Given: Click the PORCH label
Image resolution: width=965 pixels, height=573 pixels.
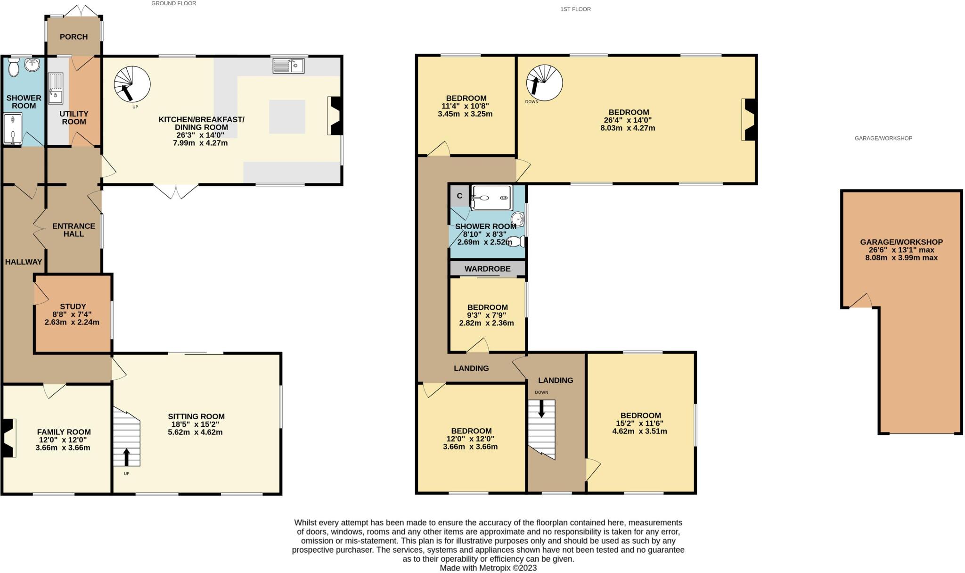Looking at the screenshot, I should tap(74, 37).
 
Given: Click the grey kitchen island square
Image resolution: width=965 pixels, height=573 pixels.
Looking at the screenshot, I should tap(287, 116).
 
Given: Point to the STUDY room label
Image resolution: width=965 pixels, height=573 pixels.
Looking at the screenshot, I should tap(73, 307).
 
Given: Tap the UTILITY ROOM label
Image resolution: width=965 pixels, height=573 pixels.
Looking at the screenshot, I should tap(74, 118).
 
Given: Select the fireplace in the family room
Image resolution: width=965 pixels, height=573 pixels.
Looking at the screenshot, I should tap(8, 438).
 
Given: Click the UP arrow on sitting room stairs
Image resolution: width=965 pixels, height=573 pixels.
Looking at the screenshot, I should tap(126, 457).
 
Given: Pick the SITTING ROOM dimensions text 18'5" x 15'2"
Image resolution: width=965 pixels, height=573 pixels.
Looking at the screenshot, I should tap(196, 424).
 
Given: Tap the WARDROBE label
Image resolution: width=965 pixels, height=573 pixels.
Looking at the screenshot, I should tap(487, 269).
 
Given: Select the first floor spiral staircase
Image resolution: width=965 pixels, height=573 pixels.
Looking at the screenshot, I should tap(544, 83).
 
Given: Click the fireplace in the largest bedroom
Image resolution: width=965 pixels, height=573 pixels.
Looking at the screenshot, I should tap(749, 119).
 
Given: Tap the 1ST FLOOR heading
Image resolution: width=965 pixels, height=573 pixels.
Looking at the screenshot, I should tap(575, 9).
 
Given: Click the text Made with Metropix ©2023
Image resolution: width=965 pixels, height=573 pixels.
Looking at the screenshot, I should tap(488, 568).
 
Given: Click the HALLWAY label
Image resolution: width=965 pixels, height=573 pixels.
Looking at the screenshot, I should tap(24, 262).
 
